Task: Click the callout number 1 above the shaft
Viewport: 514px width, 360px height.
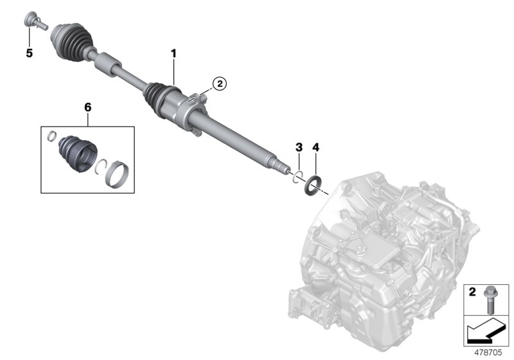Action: tap(173, 51)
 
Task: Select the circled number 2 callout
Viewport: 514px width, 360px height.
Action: tap(219, 83)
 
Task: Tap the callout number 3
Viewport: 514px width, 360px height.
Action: tap(299, 148)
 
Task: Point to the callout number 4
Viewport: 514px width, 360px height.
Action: tap(315, 148)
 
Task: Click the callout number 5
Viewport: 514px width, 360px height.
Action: tap(29, 53)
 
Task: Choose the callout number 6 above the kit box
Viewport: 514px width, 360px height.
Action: tap(88, 108)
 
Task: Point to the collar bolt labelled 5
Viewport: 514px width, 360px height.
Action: tap(33, 21)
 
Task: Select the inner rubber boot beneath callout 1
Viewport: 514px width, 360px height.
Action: tap(157, 96)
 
